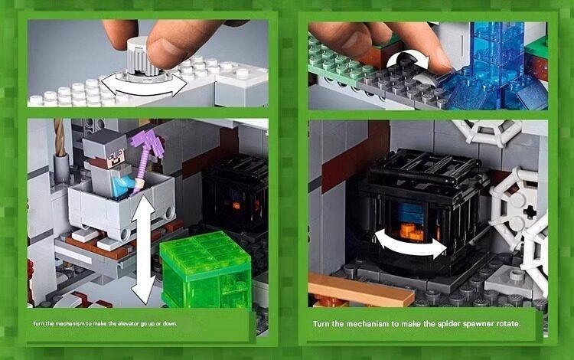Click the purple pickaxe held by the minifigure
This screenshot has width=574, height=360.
coord(144,154)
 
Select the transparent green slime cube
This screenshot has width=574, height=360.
coord(206,269)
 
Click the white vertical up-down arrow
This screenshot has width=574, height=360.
coord(143,249)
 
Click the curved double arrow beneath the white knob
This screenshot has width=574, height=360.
coord(144,88)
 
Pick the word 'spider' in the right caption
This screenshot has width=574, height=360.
coord(448,324)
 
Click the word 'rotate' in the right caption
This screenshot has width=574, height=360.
coord(507,324)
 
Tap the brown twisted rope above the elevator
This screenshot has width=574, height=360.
coord(60,137)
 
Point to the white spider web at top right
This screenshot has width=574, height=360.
coord(487,132)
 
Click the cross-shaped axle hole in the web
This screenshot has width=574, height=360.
coord(529,211)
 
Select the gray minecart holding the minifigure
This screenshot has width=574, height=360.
coord(122,205)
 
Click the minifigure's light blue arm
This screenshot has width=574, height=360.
coord(122,184)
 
